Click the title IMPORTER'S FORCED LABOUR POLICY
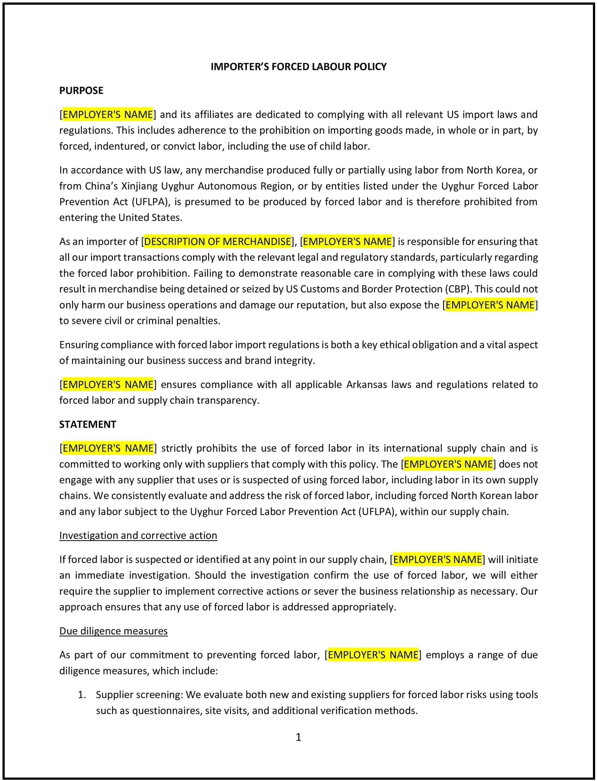(299, 67)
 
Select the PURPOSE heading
(81, 91)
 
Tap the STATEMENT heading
(87, 424)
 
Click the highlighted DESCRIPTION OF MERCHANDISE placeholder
(218, 242)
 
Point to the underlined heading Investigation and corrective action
(138, 535)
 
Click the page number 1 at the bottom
(299, 737)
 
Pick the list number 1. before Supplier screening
(82, 695)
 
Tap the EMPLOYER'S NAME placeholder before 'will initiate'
(437, 560)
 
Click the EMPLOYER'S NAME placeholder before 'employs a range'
(373, 655)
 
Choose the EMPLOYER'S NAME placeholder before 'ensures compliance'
(108, 384)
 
